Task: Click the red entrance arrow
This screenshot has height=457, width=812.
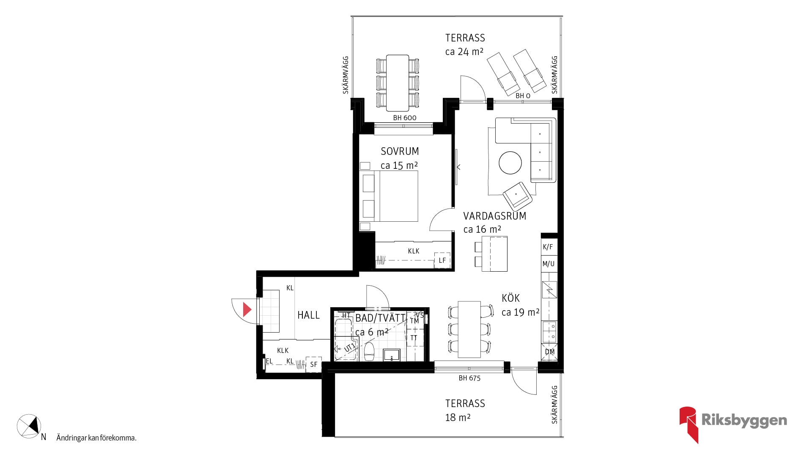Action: point(247,310)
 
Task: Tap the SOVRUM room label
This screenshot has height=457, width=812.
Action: point(400,151)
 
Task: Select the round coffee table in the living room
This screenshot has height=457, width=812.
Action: point(510,163)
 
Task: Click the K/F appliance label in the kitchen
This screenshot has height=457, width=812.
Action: point(548,247)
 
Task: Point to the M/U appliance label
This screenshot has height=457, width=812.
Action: point(548,264)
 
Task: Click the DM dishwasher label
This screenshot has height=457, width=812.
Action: point(549,352)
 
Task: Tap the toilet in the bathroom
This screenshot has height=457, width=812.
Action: point(369,352)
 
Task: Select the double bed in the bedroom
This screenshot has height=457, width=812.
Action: point(389,196)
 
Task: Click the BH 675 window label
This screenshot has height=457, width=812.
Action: point(469,378)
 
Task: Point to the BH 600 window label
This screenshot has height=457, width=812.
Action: point(405,118)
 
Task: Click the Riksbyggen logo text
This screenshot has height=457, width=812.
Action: point(744,420)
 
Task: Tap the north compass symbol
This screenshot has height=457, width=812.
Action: point(29,426)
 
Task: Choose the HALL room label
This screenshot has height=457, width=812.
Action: point(308,315)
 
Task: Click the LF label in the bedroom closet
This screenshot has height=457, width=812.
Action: point(442,260)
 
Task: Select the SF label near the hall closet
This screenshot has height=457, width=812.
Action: point(313,364)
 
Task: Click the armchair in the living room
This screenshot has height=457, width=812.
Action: point(517,196)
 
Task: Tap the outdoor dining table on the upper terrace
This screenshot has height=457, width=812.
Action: point(398,83)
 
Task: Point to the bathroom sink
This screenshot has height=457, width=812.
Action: point(392,355)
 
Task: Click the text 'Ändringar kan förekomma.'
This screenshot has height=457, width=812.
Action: point(96,438)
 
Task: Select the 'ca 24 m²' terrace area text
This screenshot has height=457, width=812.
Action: point(464,52)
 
